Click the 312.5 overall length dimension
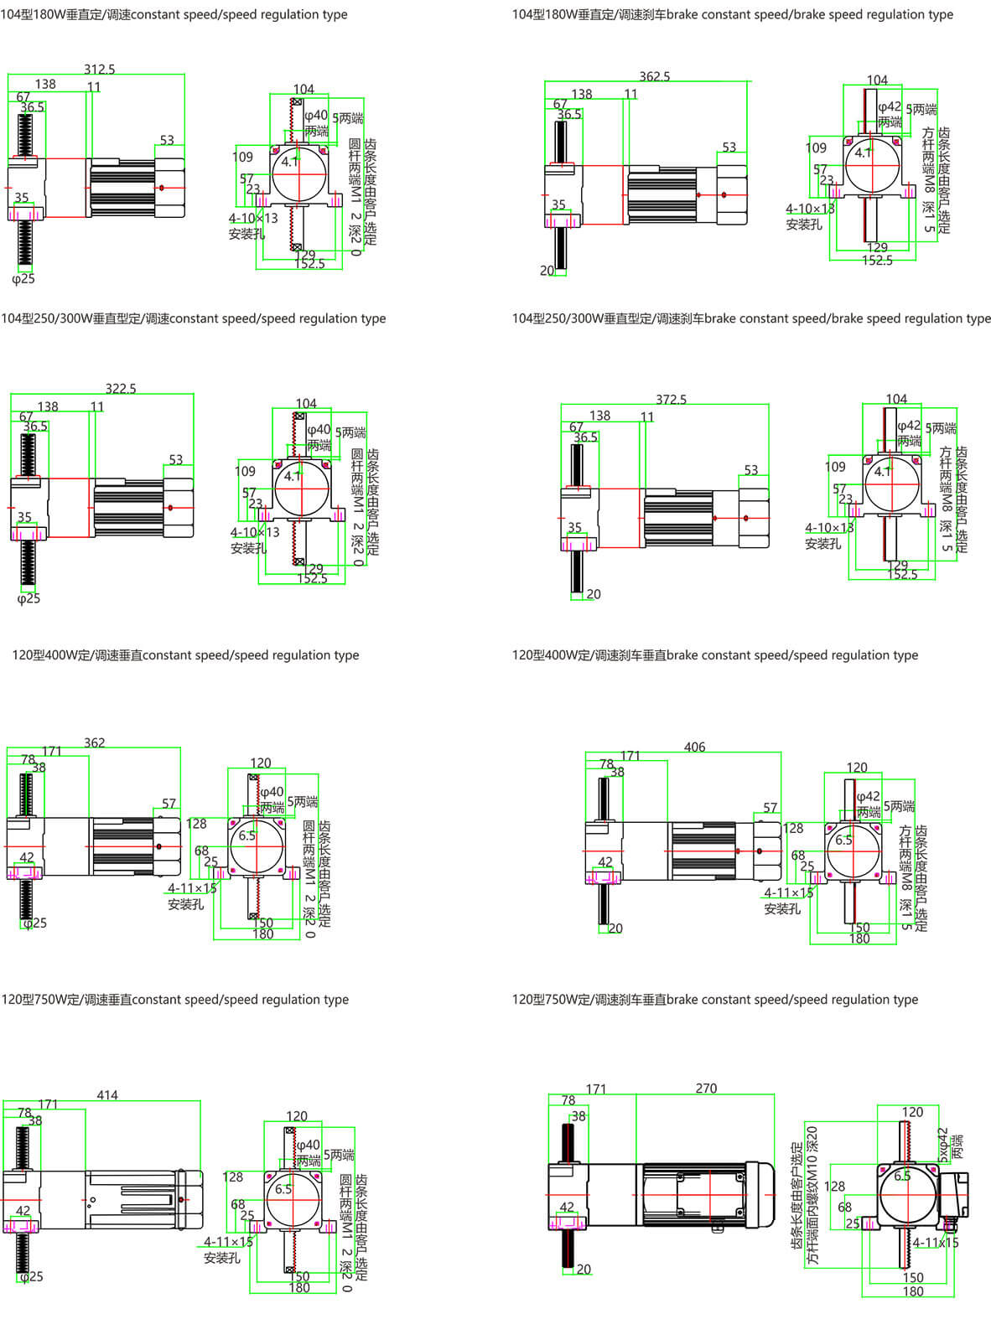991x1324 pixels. (99, 70)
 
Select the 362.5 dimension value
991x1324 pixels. (654, 76)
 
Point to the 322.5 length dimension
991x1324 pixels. (121, 389)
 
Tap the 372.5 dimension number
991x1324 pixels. (671, 400)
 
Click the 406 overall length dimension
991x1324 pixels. (694, 747)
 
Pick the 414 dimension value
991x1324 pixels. (107, 1095)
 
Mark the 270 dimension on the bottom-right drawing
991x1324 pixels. (706, 1089)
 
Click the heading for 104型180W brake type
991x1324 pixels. (732, 14)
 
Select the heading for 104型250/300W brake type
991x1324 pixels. (751, 318)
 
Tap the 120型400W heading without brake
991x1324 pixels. (185, 655)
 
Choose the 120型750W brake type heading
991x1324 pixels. (714, 1000)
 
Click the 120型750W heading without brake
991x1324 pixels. (174, 1000)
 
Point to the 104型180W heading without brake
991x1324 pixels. (174, 14)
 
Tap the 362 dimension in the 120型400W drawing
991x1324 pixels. (95, 742)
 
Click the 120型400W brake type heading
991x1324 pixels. (714, 655)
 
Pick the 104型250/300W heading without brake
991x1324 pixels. (193, 318)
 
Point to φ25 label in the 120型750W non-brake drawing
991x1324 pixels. (32, 1276)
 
